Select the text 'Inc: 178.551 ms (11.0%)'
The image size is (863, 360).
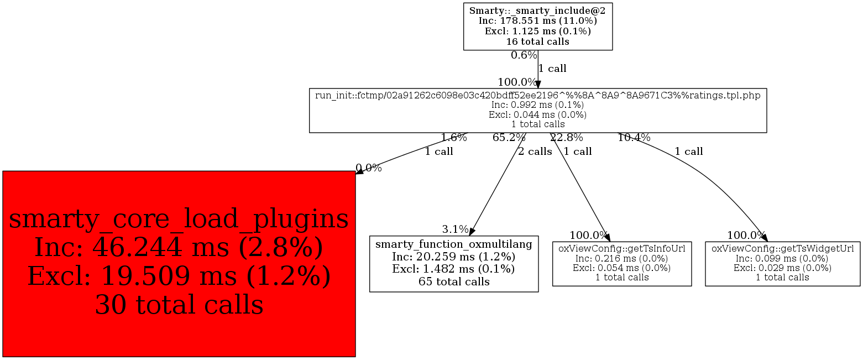[x=537, y=20]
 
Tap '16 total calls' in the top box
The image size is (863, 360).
[x=537, y=41]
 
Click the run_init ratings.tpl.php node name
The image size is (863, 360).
[x=537, y=95]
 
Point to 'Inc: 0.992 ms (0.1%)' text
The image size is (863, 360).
[x=537, y=105]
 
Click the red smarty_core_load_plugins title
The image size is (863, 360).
[x=179, y=219]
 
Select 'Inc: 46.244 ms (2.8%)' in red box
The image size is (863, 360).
[x=179, y=247]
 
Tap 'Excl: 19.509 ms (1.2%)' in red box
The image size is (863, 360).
[x=179, y=276]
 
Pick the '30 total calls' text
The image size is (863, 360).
[x=179, y=304]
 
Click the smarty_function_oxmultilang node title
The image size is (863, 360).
[x=454, y=244]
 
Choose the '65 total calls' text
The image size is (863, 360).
[x=454, y=281]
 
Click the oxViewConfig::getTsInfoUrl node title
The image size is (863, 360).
[x=622, y=248]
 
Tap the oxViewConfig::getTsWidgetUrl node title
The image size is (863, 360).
[x=782, y=248]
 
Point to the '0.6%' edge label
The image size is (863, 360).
[x=524, y=55]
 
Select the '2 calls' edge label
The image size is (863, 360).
[x=535, y=152]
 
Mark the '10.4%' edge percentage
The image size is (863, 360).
[x=634, y=138]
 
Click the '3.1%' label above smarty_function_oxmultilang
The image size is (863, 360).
[x=455, y=229]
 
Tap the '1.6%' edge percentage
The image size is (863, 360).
[x=453, y=138]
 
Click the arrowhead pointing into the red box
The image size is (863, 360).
[x=359, y=172]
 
